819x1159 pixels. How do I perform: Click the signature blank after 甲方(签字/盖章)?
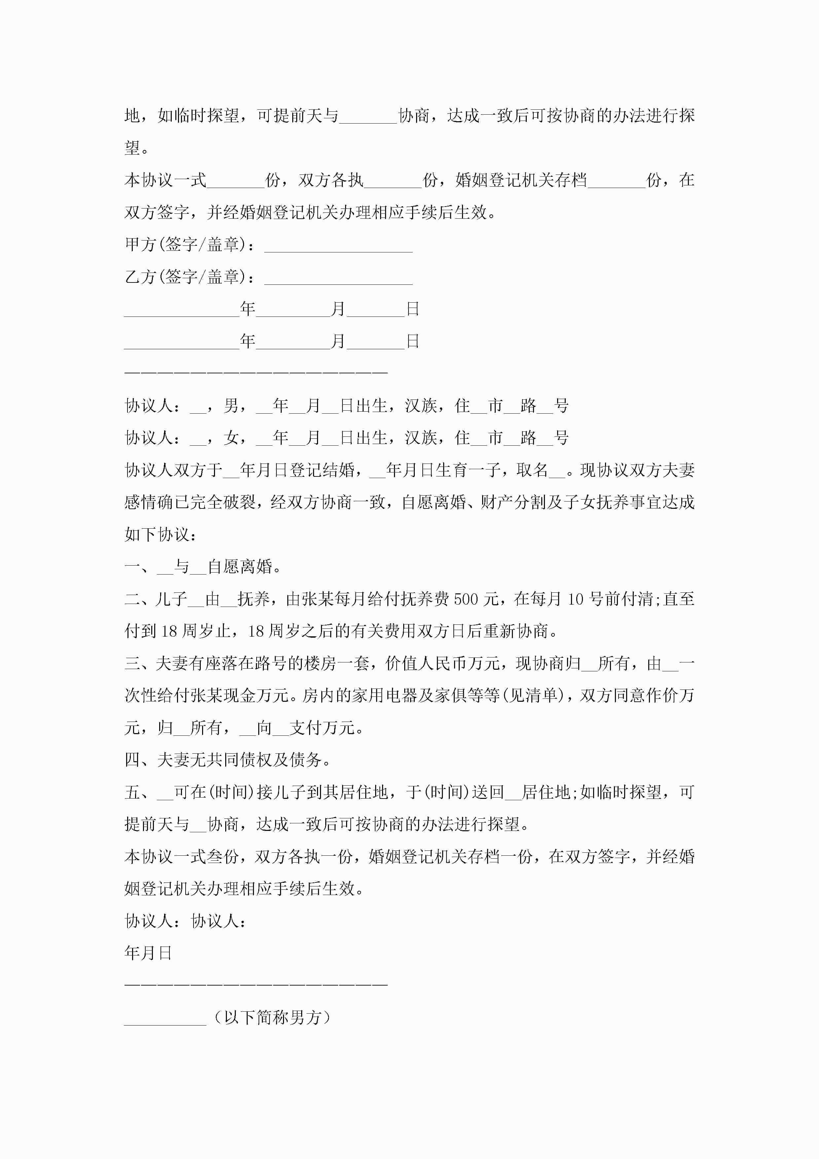(x=338, y=247)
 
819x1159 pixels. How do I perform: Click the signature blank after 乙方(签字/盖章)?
(x=338, y=280)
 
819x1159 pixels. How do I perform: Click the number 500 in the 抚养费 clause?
(x=466, y=599)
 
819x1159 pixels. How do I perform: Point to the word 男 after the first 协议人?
(x=231, y=405)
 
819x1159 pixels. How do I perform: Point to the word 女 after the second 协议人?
(x=231, y=438)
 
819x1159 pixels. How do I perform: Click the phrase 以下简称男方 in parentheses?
(x=273, y=1017)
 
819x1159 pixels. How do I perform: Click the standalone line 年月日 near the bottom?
(x=148, y=953)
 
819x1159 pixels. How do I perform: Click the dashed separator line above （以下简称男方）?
(x=256, y=984)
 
